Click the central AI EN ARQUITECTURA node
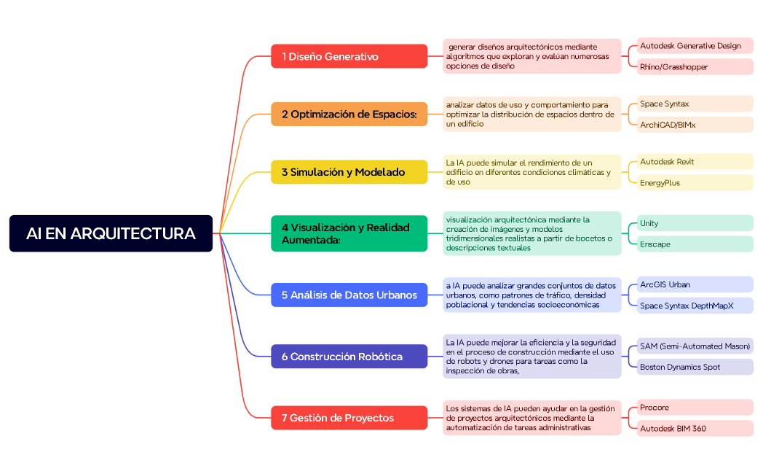(111, 233)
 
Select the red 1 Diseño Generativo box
(349, 56)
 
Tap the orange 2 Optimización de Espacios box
(349, 114)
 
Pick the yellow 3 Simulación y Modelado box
(349, 172)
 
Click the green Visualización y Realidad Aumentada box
(349, 233)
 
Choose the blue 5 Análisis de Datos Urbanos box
(349, 295)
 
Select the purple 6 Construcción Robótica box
(349, 357)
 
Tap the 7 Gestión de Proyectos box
(349, 418)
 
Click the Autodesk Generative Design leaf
(695, 46)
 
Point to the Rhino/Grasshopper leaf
(695, 67)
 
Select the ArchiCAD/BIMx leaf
(695, 125)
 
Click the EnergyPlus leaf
(695, 182)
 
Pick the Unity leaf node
(695, 223)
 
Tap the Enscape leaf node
(695, 244)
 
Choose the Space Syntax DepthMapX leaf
(695, 306)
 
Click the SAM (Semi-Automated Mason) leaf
(695, 346)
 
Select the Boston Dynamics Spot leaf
(695, 367)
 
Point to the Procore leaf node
(695, 407)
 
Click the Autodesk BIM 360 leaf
(695, 428)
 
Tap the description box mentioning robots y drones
(531, 357)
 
